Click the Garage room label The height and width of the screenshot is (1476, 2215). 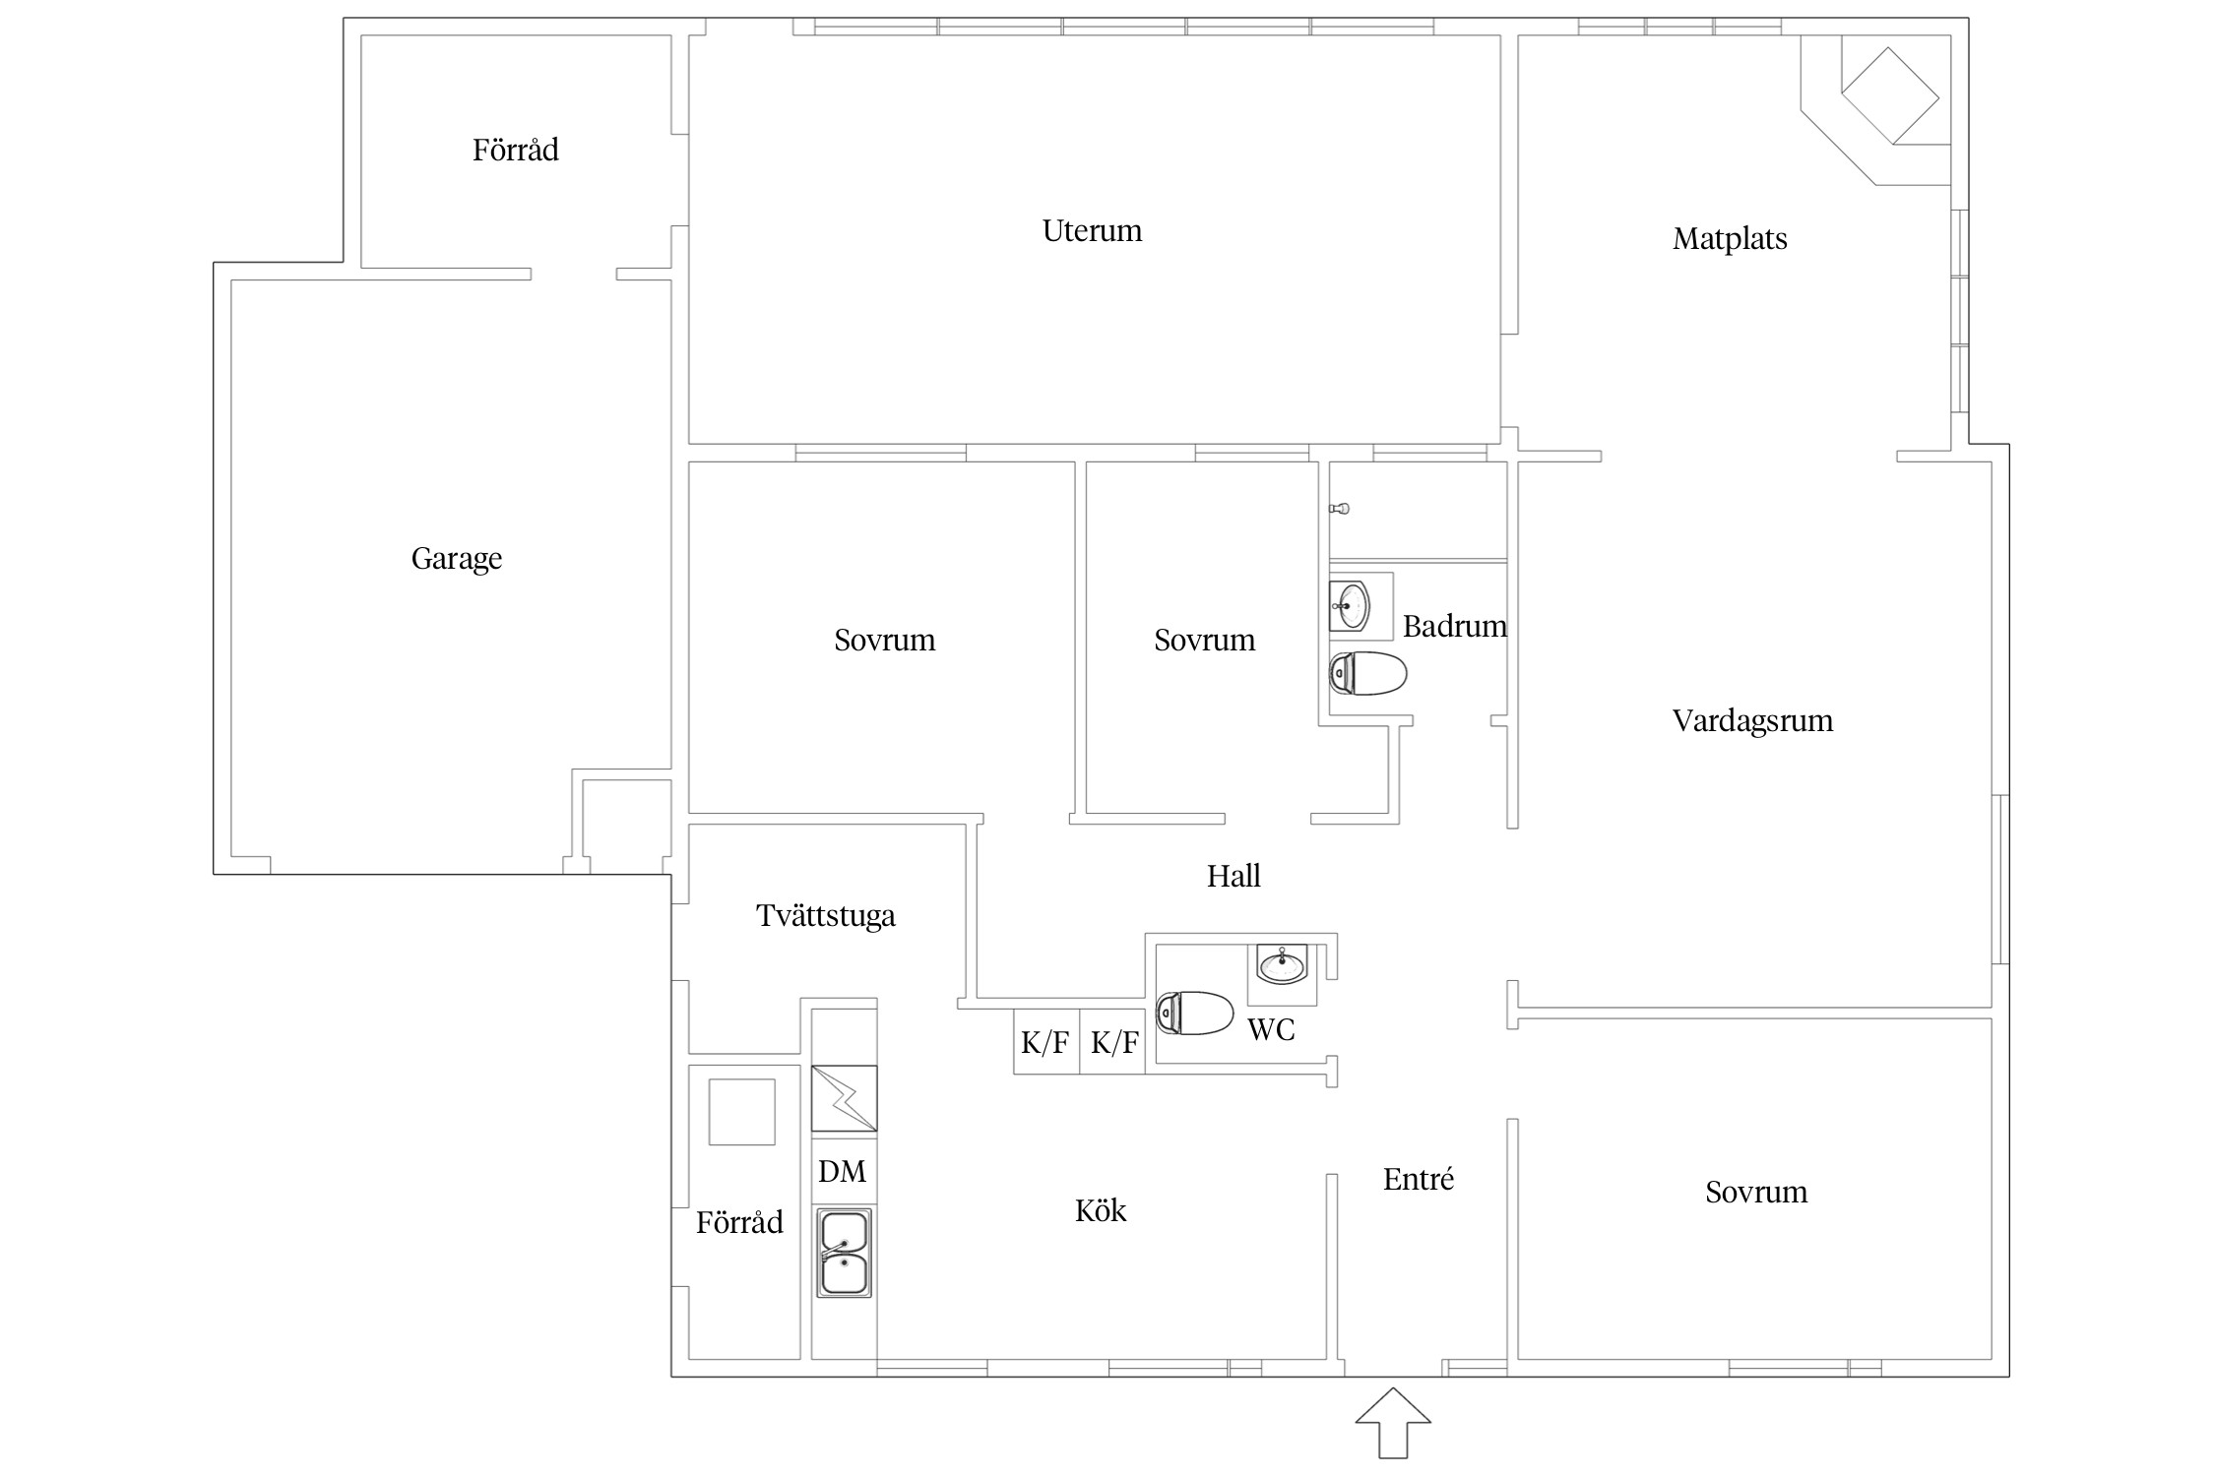click(457, 559)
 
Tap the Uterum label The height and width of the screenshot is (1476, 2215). click(1092, 230)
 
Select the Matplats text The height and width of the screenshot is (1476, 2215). click(1730, 239)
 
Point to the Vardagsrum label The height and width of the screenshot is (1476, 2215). click(1752, 721)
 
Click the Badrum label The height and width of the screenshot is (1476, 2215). click(1454, 626)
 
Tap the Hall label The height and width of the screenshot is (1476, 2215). click(1234, 876)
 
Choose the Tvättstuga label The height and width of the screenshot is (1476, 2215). click(826, 915)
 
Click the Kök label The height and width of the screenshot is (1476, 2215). click(1100, 1210)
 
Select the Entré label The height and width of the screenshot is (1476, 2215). click(1418, 1179)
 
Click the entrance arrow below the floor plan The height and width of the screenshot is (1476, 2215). click(1392, 1422)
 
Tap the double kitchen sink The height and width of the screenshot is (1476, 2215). click(844, 1252)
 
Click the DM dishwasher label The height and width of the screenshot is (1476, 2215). click(842, 1171)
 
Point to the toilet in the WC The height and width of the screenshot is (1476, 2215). click(1194, 1014)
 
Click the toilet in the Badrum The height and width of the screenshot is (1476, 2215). click(1367, 673)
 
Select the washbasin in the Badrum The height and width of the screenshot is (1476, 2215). click(1350, 605)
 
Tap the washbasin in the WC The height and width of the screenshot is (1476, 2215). click(1282, 964)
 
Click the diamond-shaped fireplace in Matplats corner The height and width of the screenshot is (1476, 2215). click(1890, 96)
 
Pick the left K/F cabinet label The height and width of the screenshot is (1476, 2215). click(1044, 1042)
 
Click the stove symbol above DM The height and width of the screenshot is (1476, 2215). click(844, 1098)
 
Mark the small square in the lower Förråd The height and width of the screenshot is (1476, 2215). click(742, 1112)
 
